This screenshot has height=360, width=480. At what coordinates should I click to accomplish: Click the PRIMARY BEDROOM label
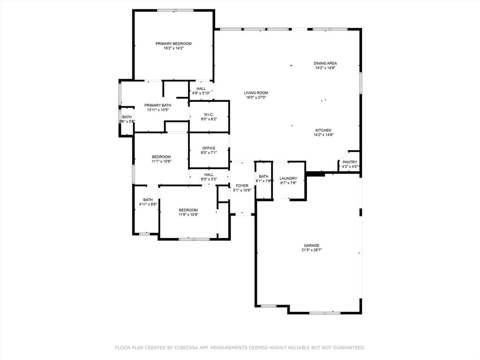pos(173,44)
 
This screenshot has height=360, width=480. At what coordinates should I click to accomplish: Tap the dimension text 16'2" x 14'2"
pos(173,48)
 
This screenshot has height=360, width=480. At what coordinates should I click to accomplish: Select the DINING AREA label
pos(325,63)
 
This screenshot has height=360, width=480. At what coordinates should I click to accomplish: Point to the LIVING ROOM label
pos(256,93)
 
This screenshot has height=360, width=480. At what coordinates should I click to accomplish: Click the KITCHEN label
pos(323,130)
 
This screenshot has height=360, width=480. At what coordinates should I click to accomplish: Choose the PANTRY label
pos(350,162)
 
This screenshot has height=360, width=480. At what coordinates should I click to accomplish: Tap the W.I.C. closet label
pos(209,114)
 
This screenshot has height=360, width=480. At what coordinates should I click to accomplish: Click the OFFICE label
pos(209,148)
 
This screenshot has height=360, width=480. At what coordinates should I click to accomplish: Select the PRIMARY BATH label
pos(157,105)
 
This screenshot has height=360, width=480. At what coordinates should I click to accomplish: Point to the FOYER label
pos(242,186)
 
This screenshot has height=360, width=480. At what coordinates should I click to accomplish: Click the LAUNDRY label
pos(288,178)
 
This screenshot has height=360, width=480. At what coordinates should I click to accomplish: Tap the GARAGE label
pos(311,246)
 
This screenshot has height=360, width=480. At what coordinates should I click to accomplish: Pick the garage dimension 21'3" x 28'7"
pos(311,250)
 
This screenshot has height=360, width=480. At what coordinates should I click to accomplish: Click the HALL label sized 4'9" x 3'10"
pos(201,89)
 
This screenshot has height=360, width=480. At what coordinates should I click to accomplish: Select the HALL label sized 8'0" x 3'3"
pos(209,174)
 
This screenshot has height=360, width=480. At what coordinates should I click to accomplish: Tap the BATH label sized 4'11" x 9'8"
pos(148,200)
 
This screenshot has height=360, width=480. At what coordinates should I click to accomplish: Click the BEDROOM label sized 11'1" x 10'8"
pos(161,157)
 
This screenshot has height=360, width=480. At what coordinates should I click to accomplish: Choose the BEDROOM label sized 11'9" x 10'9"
pos(188,210)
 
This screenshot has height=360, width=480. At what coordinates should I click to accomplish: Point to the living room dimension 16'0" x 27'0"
pos(256,97)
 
